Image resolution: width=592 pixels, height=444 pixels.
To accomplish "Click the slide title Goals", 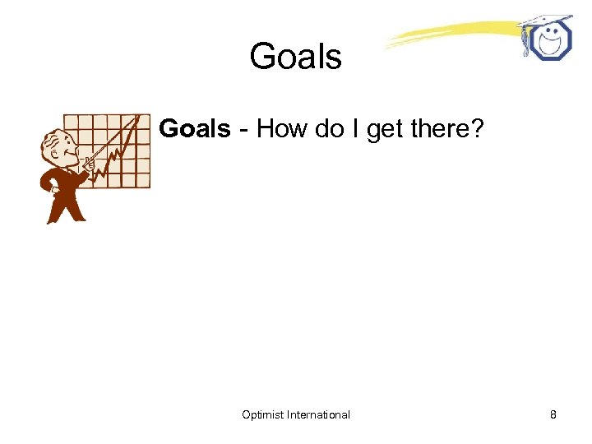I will (295, 58).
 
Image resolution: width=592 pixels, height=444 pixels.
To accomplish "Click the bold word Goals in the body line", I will (195, 129).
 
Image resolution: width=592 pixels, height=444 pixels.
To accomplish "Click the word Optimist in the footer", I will (263, 414).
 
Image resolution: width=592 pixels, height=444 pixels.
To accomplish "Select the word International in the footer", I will (319, 414).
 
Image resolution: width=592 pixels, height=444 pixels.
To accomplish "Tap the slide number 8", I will (553, 414).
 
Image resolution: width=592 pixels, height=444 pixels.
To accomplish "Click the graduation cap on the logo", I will (545, 22).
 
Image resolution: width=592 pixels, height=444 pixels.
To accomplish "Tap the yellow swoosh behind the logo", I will (444, 33).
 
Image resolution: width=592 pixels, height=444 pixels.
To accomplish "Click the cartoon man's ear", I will (50, 148).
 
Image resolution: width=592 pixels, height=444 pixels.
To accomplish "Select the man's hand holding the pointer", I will (87, 164).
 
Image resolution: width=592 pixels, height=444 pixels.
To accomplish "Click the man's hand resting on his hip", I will (55, 188).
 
